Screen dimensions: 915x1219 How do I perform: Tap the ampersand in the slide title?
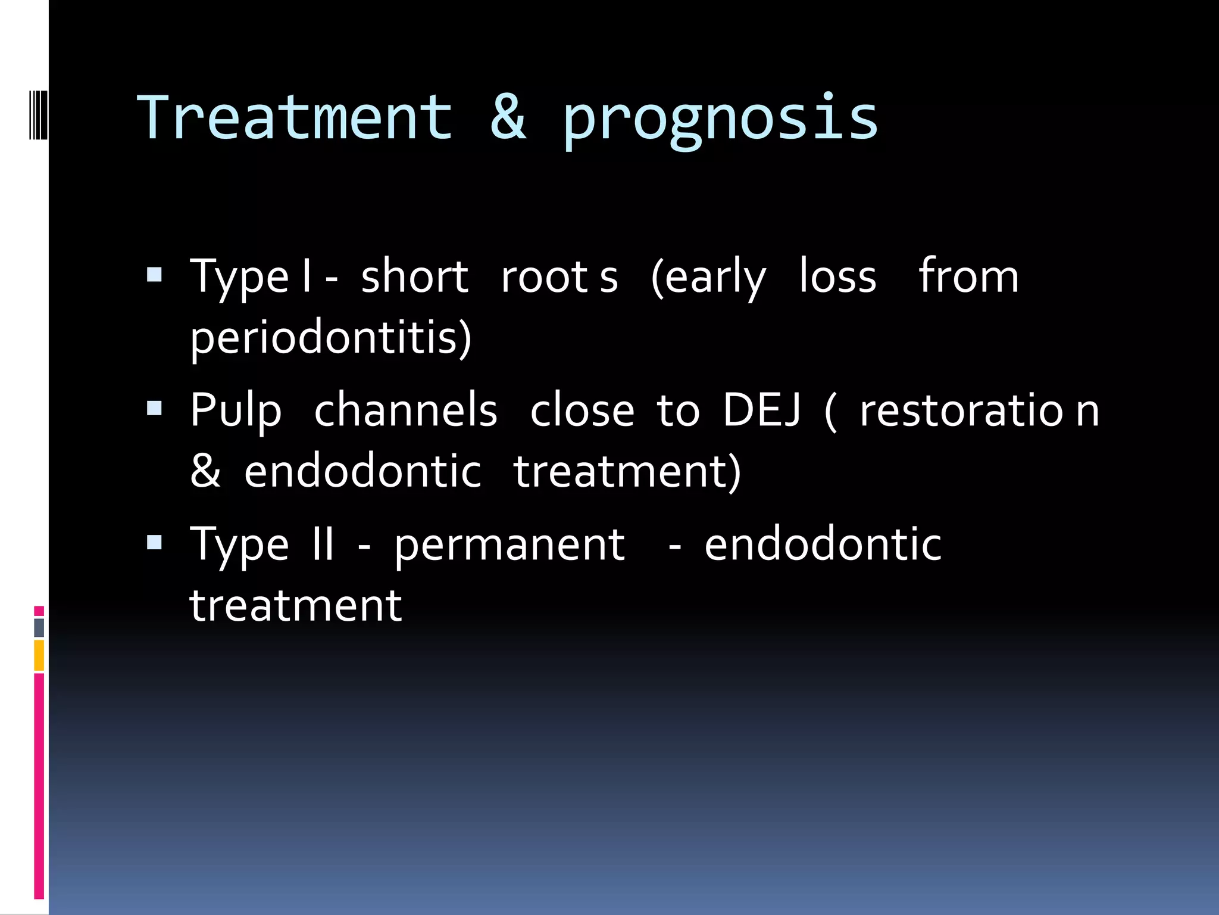click(x=508, y=118)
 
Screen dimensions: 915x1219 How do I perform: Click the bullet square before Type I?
click(x=155, y=275)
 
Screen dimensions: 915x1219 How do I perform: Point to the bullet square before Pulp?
click(x=155, y=409)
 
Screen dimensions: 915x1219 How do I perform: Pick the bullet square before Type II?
click(x=155, y=543)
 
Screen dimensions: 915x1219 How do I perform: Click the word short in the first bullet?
click(x=414, y=277)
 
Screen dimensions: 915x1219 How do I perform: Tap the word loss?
click(x=837, y=277)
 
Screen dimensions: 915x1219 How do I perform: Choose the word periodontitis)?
click(x=330, y=338)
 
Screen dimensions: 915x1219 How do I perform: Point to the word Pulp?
click(x=236, y=411)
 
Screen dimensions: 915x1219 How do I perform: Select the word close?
click(x=582, y=411)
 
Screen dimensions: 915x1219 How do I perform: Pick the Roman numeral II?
click(x=323, y=544)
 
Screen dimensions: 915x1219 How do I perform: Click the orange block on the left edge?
click(x=39, y=655)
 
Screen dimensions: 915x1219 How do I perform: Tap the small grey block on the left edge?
click(x=39, y=627)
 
